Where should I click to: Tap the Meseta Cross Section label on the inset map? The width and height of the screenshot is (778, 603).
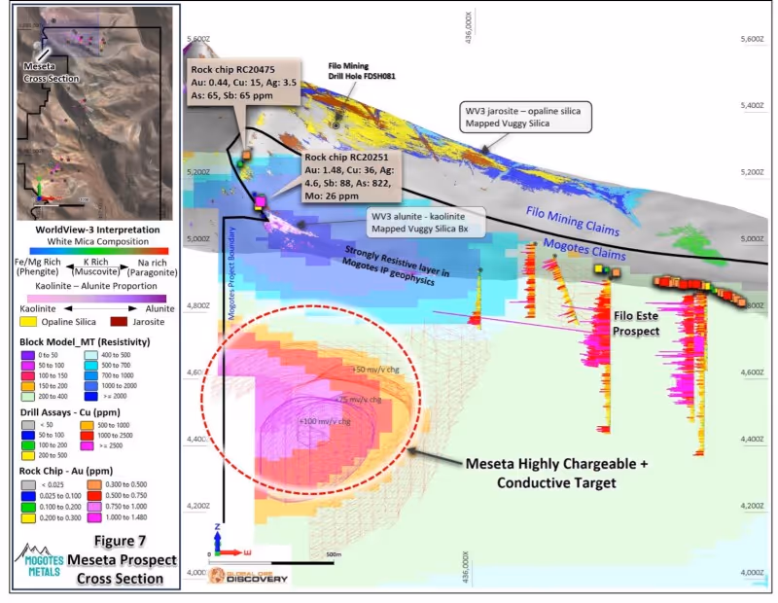[x=51, y=72]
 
